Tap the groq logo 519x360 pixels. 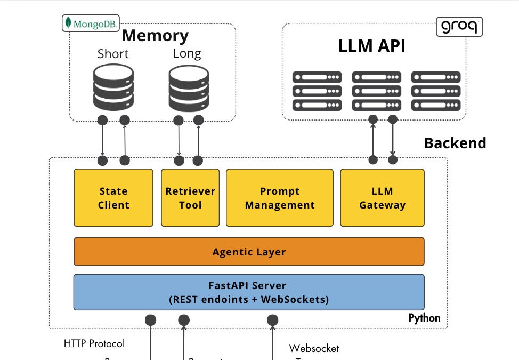click(x=459, y=26)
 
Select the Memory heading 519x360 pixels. click(x=155, y=36)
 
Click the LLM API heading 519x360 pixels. click(x=372, y=46)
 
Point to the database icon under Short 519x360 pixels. click(x=113, y=87)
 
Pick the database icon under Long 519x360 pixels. click(x=188, y=87)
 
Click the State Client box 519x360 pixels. click(x=113, y=198)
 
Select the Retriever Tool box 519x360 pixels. click(x=190, y=198)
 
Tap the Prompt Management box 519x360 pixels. click(x=280, y=198)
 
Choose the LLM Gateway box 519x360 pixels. click(x=382, y=198)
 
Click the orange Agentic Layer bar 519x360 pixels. click(x=249, y=252)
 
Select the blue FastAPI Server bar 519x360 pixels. click(x=249, y=292)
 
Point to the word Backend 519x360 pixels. click(x=455, y=143)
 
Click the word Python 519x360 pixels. click(x=424, y=318)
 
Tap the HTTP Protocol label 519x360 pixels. click(x=94, y=343)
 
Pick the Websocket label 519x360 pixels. click(x=314, y=349)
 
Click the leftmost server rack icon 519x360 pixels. click(x=317, y=91)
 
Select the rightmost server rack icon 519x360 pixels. click(x=436, y=91)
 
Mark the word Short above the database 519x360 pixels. click(x=113, y=54)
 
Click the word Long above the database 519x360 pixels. click(x=186, y=54)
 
